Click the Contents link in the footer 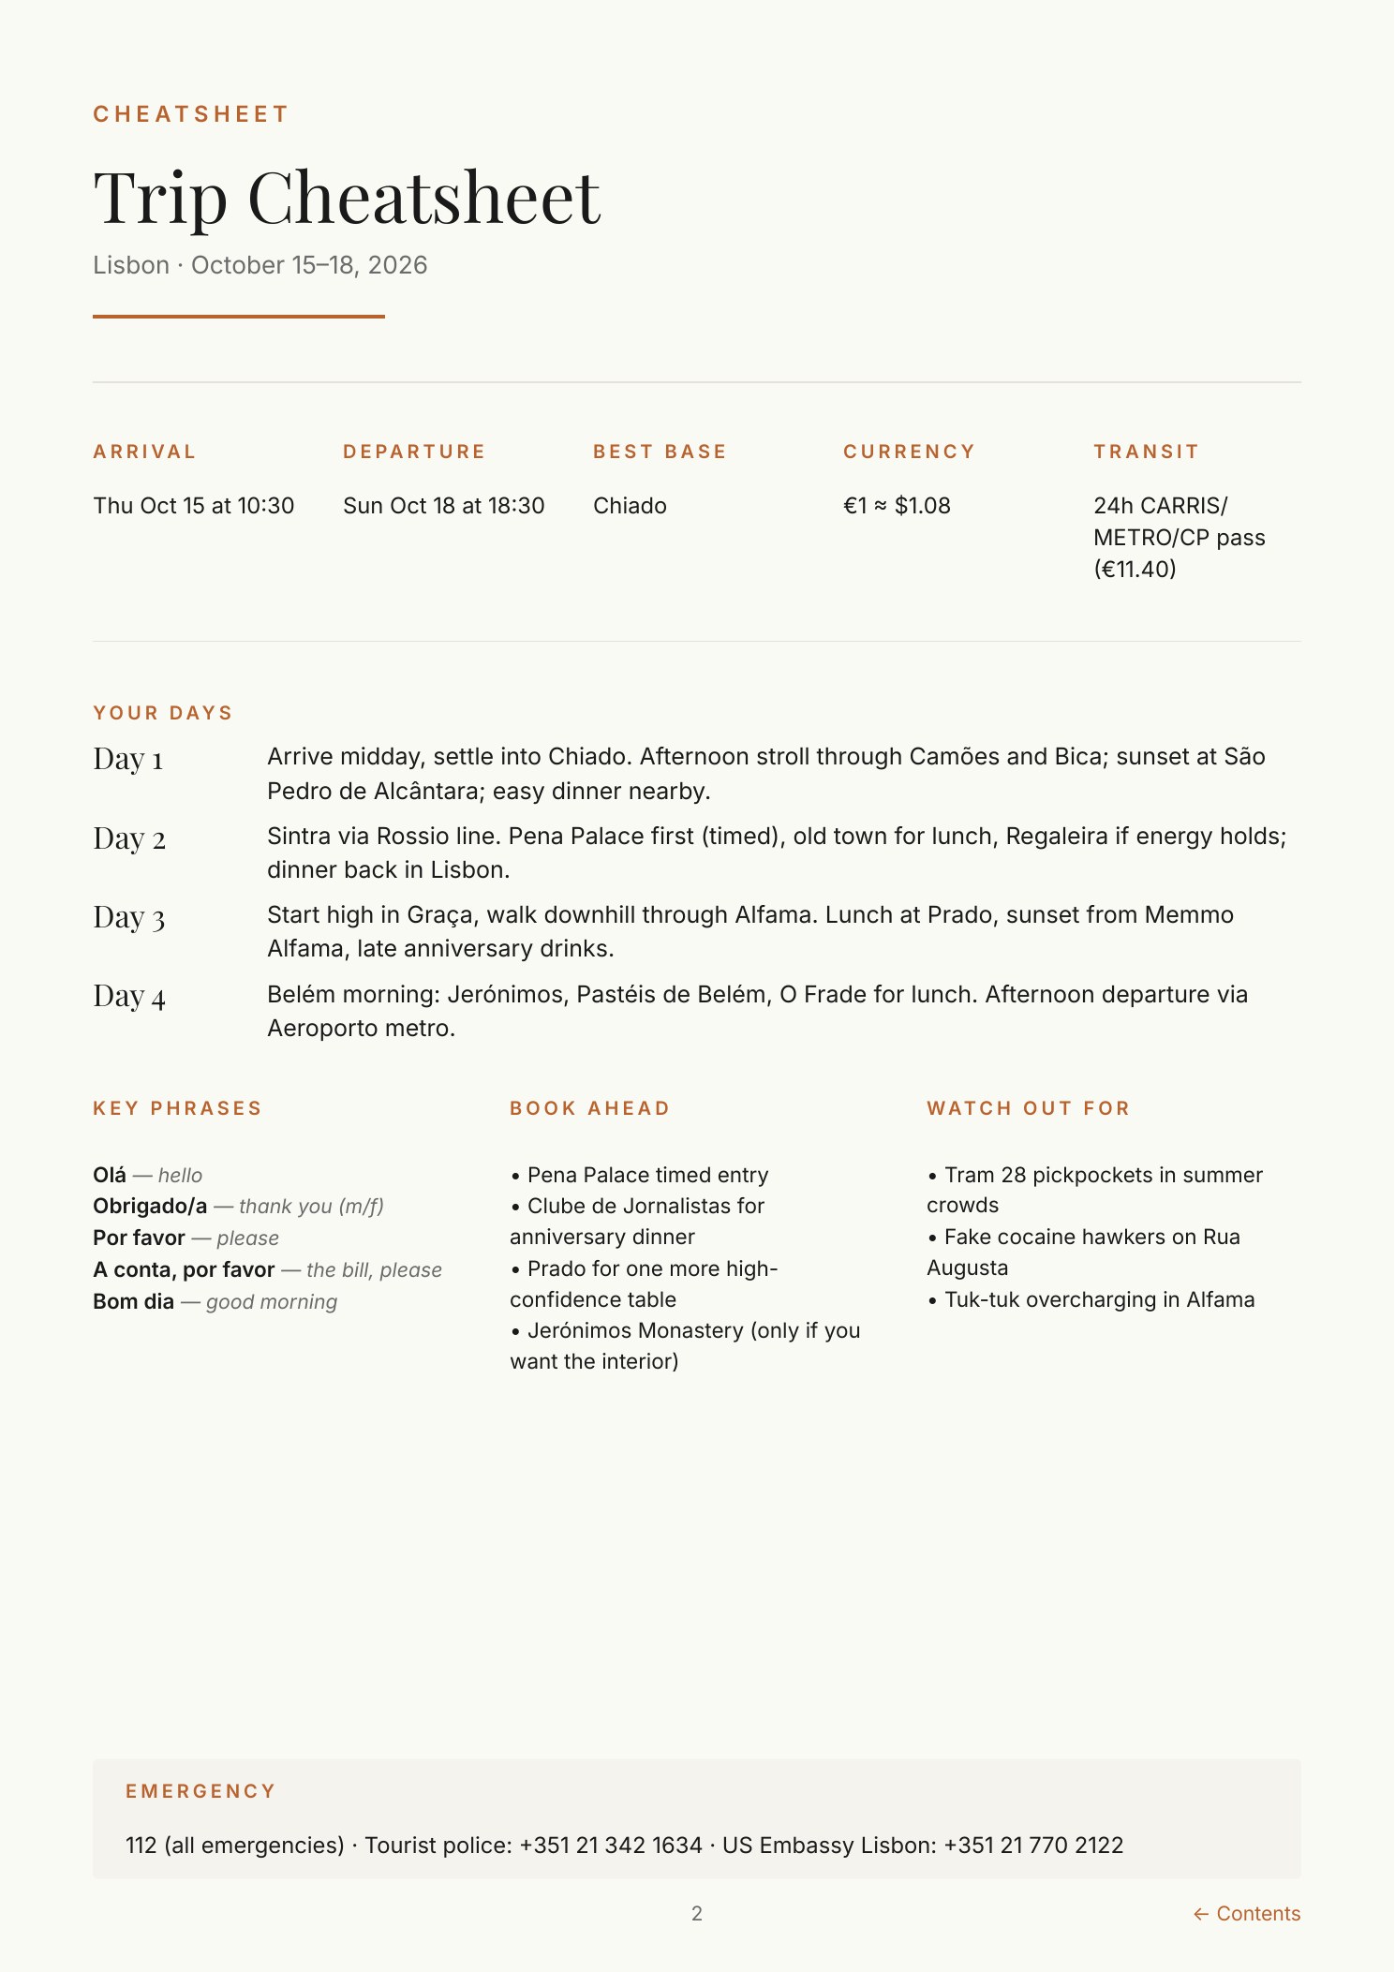1247,1914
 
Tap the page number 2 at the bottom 697,1914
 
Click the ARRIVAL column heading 144,452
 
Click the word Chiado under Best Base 630,506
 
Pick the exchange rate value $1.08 923,506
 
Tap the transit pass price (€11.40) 1135,570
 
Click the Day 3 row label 129,918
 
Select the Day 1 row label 128,759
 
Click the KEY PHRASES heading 177,1108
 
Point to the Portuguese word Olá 110,1175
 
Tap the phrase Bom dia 133,1301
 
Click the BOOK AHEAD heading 590,1108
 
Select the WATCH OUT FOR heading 1029,1108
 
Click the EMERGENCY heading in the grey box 200,1791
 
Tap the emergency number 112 141,1846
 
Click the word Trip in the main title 160,199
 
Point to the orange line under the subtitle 239,317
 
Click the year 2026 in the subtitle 398,265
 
